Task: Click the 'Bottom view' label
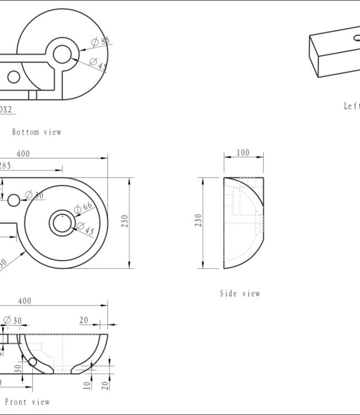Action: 37,132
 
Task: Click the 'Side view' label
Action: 240,293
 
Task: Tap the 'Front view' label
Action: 27,402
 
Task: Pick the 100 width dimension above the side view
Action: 243,153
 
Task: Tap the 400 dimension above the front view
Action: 24,301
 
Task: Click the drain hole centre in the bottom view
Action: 62,54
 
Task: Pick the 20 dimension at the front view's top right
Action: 84,320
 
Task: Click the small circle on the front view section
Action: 32,362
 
